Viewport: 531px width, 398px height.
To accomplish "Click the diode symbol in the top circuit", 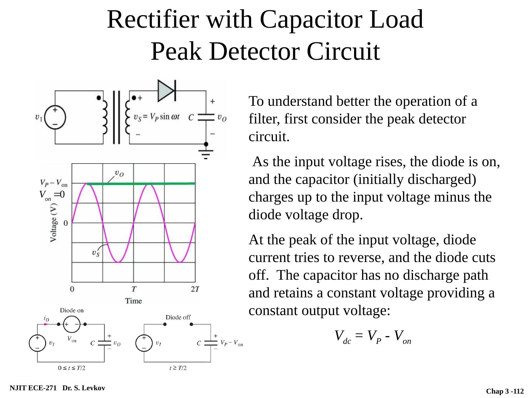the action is (x=167, y=91).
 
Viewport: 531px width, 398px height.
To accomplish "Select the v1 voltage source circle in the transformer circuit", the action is (x=55, y=118).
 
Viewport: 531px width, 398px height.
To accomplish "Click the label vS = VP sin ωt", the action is (x=156, y=117).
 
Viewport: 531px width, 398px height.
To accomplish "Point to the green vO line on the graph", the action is (x=141, y=184).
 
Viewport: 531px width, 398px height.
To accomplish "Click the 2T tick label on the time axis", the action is (x=195, y=289).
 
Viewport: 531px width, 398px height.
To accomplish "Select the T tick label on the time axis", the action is (x=133, y=289).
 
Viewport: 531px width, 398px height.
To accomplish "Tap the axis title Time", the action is (x=133, y=301).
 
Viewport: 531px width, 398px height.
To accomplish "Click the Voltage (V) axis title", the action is (x=53, y=223).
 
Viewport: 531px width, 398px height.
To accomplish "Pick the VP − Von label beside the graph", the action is (x=54, y=183).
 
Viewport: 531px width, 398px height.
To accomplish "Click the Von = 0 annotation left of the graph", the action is (x=52, y=195).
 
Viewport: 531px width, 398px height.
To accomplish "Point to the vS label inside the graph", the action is (x=96, y=253).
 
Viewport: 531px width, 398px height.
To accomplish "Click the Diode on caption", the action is (x=72, y=310).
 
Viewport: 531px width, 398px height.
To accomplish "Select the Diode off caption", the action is (x=178, y=317).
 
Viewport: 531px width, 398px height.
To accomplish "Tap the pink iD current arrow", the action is (x=46, y=324).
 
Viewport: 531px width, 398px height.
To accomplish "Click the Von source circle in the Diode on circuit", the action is (x=72, y=324).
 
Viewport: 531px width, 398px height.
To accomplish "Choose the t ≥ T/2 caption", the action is (x=178, y=368).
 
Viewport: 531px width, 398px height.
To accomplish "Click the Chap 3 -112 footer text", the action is (x=505, y=391).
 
